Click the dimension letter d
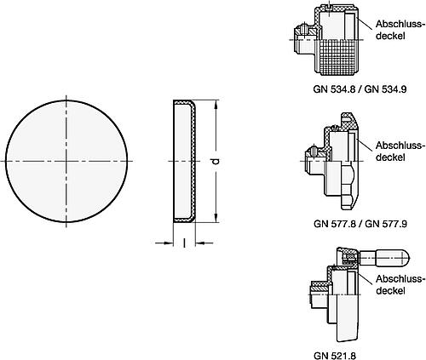point(216,161)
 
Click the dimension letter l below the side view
point(184,243)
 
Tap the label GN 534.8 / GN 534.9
point(360,89)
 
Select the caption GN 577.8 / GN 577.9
point(360,224)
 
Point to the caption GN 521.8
point(335,356)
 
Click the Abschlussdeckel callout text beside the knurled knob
point(399,30)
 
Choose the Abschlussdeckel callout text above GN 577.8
point(399,151)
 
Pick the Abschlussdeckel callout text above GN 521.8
point(399,284)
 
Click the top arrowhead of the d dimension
point(216,105)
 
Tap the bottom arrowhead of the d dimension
point(216,218)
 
